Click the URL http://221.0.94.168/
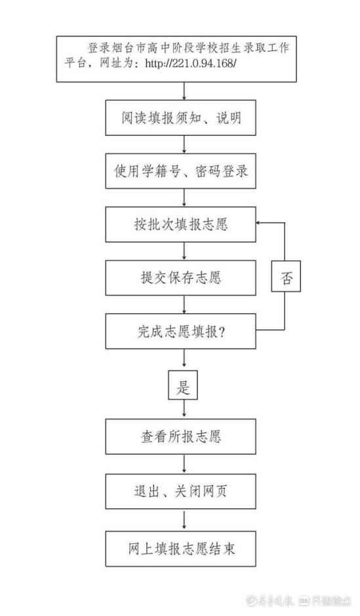pos(191,63)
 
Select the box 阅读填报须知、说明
pos(180,117)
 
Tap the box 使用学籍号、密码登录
pos(180,171)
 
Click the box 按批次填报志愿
pos(180,224)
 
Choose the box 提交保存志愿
pos(180,278)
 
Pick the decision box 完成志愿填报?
pos(180,331)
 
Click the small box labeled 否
pos(286,276)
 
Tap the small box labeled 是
pos(183,385)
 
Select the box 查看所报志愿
pos(180,436)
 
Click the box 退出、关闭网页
pos(180,491)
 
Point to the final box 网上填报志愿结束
pos(180,549)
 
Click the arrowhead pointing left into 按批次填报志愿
pos(258,223)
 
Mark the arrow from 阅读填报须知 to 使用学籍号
pos(184,144)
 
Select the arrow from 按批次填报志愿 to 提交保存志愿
pos(184,251)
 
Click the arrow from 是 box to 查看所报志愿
pos(184,410)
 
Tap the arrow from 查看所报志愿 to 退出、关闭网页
pos(184,464)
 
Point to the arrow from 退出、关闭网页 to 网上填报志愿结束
pos(184,520)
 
